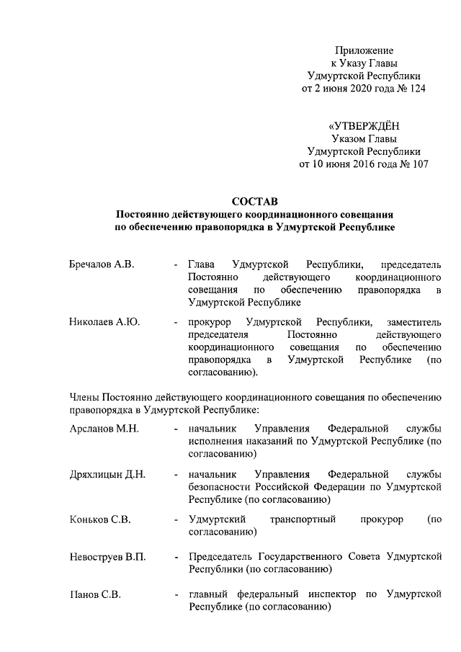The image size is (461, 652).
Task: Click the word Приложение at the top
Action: pyautogui.click(x=364, y=50)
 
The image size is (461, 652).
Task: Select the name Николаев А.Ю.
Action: pyautogui.click(x=104, y=322)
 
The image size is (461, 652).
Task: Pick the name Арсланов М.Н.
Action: pyautogui.click(x=104, y=429)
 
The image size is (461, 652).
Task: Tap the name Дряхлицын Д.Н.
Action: pyautogui.click(x=107, y=474)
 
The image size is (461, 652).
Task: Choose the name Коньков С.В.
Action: pyautogui.click(x=100, y=519)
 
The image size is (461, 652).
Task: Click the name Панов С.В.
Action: pyautogui.click(x=95, y=595)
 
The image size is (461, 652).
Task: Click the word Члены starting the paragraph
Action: pyautogui.click(x=84, y=398)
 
